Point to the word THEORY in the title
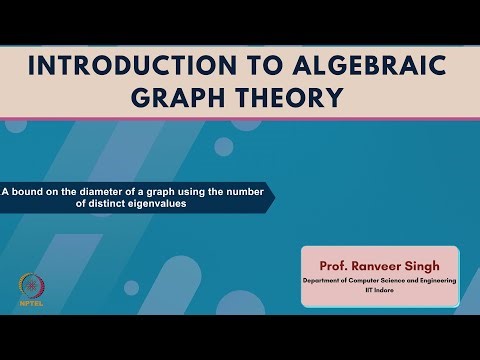295,97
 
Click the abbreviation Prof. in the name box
334,268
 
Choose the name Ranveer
378,268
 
